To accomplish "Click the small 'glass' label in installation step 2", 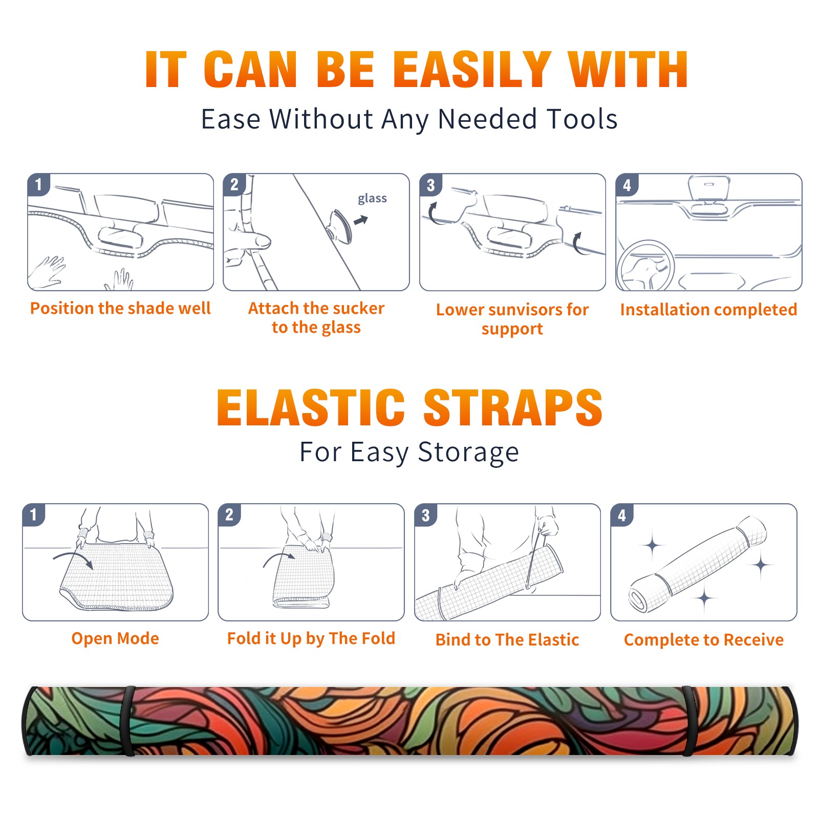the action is click(x=372, y=198).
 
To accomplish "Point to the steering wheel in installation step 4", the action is click(x=645, y=266).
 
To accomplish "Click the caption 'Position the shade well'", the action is click(x=120, y=308).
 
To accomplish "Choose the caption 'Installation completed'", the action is click(x=708, y=309).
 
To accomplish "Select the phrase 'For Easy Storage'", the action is click(x=409, y=452).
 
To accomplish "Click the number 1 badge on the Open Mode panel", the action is click(x=34, y=514).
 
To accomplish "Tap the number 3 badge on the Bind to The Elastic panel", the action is click(x=426, y=515).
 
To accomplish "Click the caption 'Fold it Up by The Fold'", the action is click(x=311, y=638).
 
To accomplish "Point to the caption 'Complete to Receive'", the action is click(x=704, y=639).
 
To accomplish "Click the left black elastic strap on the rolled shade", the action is click(x=128, y=721).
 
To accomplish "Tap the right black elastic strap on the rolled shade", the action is click(x=688, y=721).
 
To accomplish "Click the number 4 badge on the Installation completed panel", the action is click(x=627, y=185).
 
